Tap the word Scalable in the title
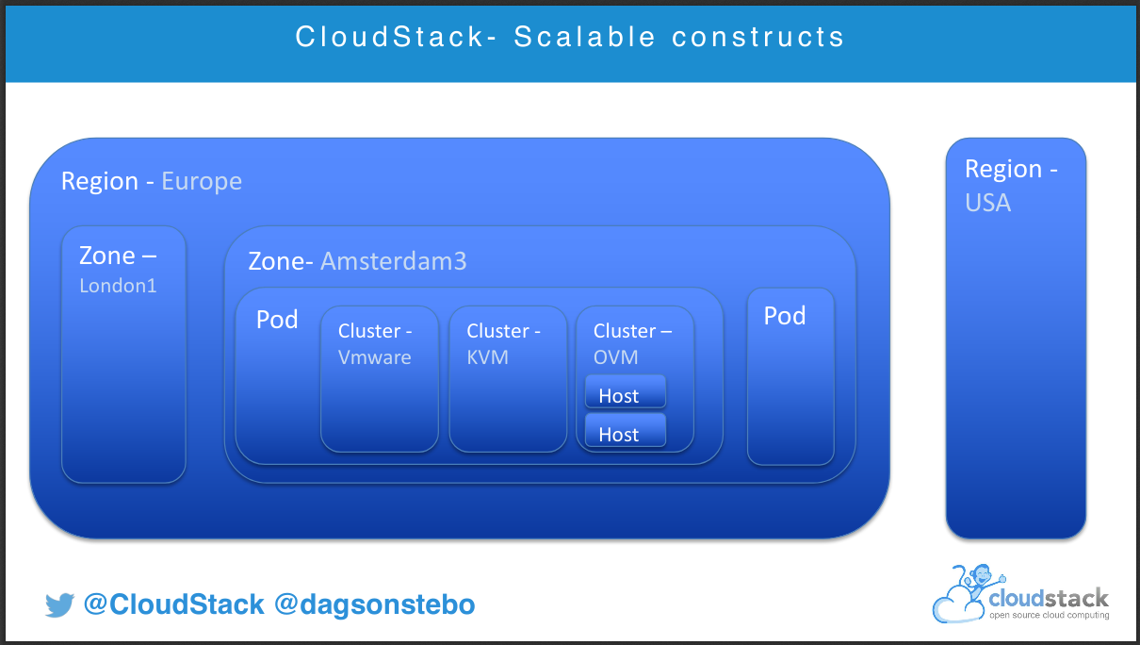pos(584,37)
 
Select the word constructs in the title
pos(757,38)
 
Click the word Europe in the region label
pos(202,182)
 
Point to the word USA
pos(987,203)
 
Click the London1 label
pos(118,286)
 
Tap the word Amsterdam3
pos(394,261)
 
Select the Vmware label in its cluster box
pos(375,357)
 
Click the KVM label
pos(487,357)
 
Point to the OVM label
pos(615,357)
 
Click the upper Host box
pos(626,391)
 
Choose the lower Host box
pos(626,430)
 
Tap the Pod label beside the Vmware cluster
pos(277,320)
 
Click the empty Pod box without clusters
pos(790,376)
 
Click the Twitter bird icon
pos(59,604)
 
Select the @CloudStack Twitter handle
pos(174,604)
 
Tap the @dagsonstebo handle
pos(375,604)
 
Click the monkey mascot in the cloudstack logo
pos(980,582)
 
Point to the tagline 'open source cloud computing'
pos(1049,616)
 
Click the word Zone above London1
pos(107,256)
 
